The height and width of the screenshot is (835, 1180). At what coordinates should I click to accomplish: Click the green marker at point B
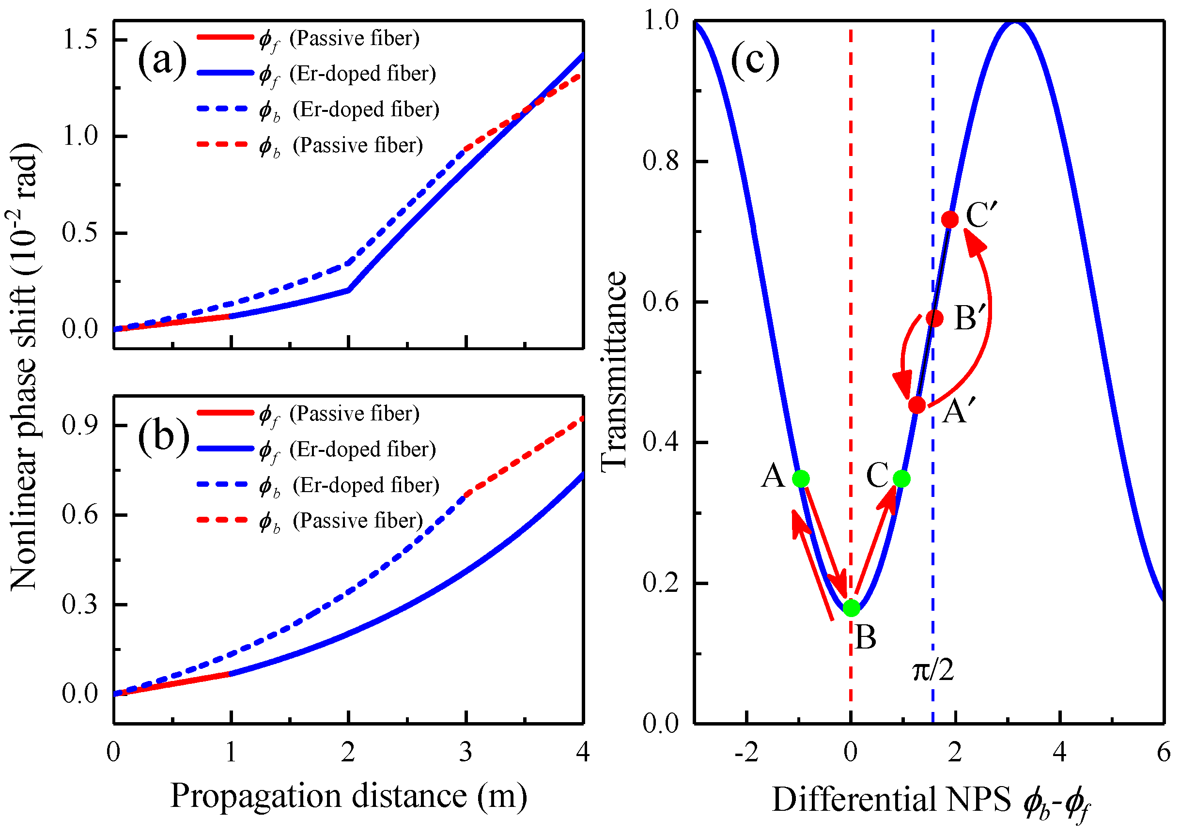coord(852,608)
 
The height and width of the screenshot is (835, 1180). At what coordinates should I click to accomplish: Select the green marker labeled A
coord(801,479)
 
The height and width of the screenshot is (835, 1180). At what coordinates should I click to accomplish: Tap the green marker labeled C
coord(901,479)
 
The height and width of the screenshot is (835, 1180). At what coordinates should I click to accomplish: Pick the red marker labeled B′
coord(935,319)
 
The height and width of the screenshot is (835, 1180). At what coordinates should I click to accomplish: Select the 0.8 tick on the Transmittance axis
coord(661,161)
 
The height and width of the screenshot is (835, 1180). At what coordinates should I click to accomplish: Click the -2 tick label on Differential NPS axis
coord(746,753)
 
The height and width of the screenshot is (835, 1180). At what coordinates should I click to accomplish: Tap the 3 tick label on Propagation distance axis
coord(466,753)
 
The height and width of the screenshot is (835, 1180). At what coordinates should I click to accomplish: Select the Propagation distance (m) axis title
coord(349,796)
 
